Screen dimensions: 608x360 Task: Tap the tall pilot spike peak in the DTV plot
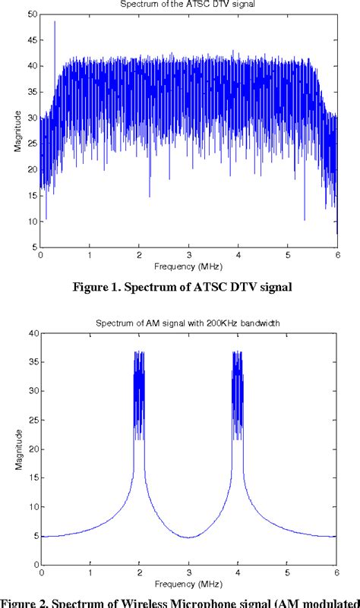pos(54,23)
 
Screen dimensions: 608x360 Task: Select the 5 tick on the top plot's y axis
pos(33,247)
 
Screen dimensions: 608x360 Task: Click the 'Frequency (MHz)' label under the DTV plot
pos(189,266)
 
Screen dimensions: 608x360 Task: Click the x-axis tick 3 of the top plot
pos(189,256)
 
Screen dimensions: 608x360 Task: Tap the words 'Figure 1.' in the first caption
pos(95,287)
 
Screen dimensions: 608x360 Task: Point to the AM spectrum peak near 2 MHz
pos(139,353)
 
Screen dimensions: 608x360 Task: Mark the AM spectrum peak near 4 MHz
pos(238,353)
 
